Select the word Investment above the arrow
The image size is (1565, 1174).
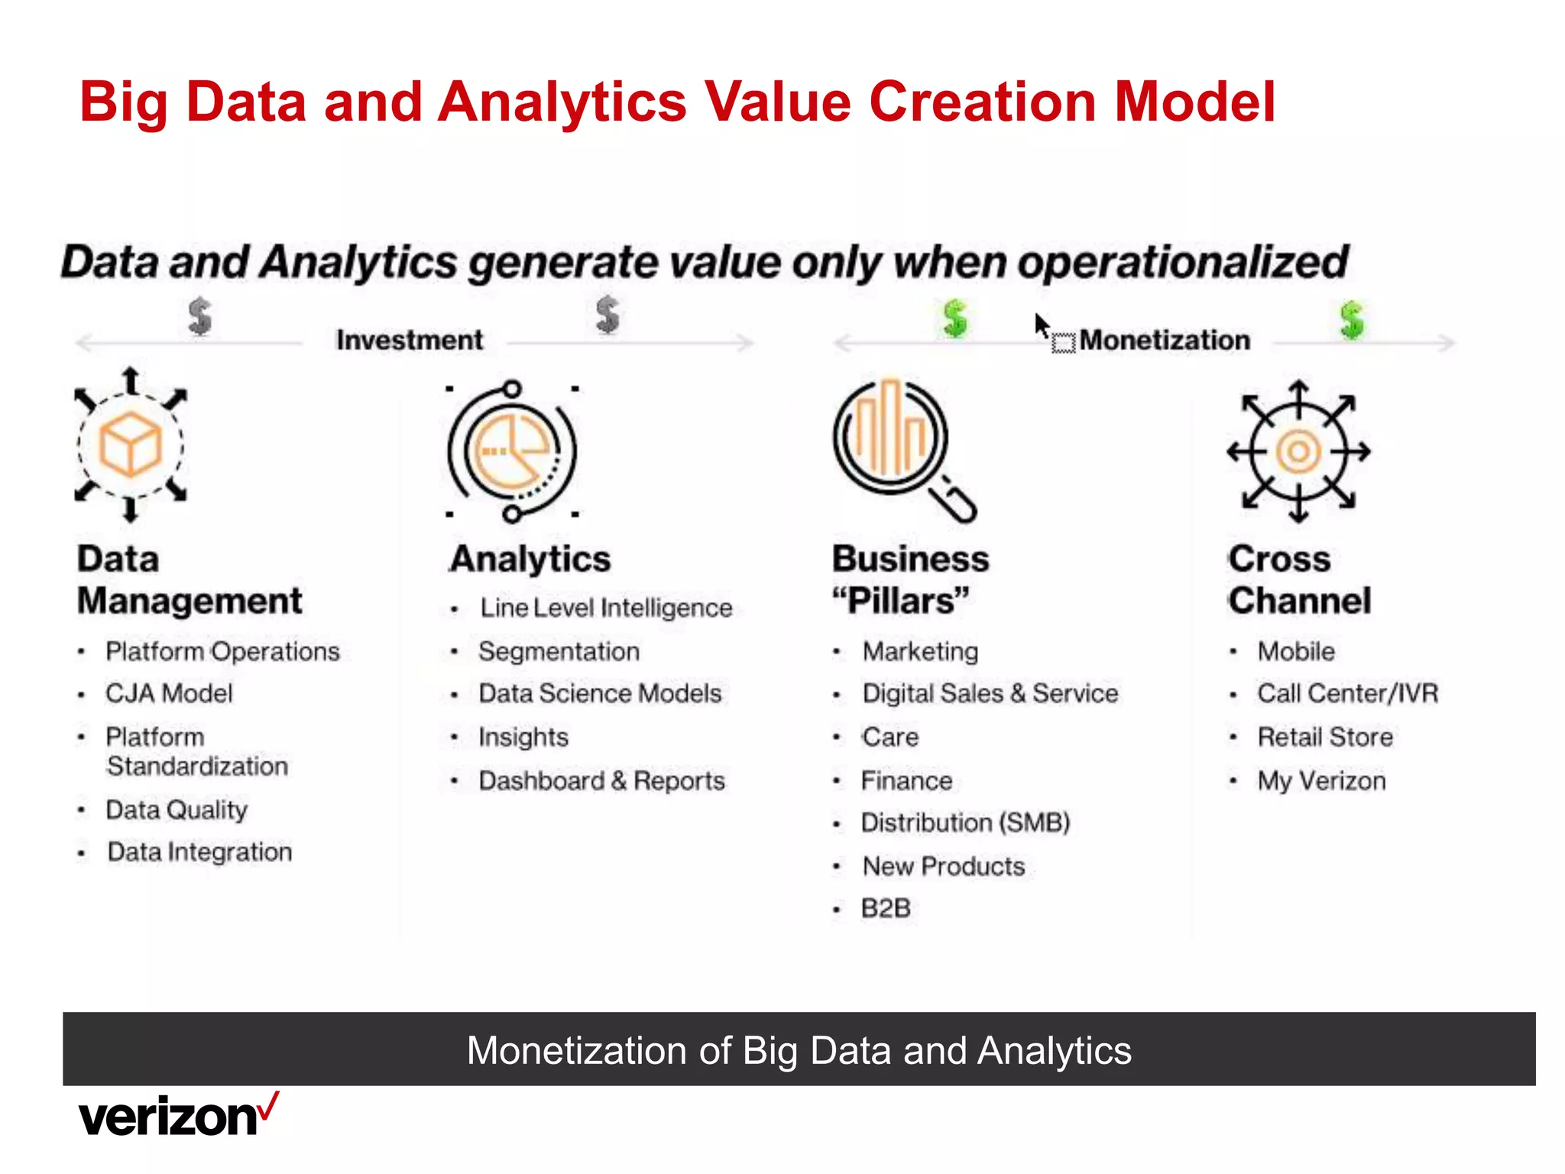pos(410,340)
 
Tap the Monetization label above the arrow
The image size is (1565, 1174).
pos(1165,340)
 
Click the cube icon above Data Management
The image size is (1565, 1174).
pos(131,445)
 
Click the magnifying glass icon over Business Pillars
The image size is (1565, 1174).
pos(902,448)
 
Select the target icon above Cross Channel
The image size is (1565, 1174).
pos(1298,451)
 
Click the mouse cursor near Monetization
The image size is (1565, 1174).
pos(1042,326)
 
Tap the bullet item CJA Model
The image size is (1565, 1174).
pos(169,693)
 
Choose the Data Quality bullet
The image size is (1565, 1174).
pos(177,810)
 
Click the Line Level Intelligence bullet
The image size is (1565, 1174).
pos(606,608)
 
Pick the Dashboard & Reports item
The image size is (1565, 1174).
pos(601,780)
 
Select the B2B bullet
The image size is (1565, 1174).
pos(886,908)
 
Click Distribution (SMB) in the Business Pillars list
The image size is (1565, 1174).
pos(965,822)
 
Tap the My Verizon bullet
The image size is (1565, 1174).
pos(1321,780)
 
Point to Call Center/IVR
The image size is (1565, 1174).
pos(1347,693)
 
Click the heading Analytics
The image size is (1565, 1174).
pos(531,559)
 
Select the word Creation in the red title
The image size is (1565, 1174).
pos(983,102)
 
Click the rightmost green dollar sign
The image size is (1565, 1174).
pos(1351,319)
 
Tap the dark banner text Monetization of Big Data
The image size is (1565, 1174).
pos(799,1050)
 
